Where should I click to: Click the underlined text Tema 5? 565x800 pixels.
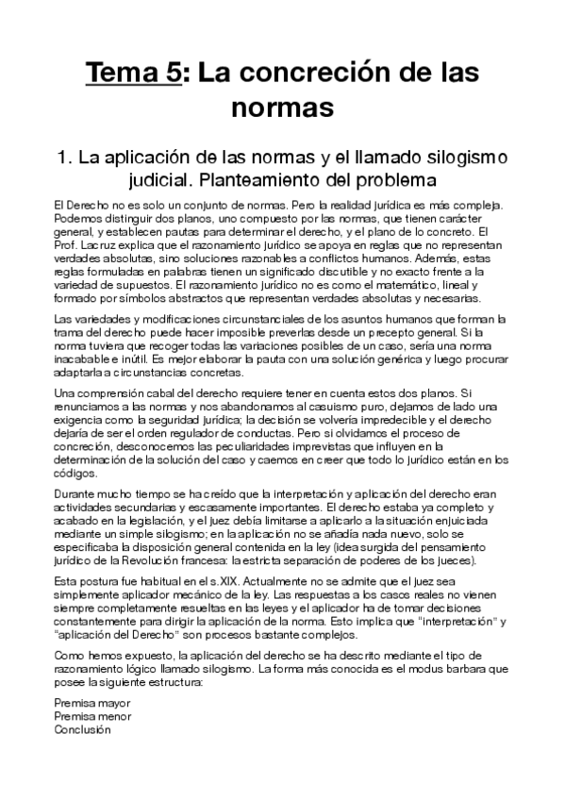point(132,72)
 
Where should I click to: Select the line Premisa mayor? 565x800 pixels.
point(92,703)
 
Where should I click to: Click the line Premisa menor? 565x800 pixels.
point(92,716)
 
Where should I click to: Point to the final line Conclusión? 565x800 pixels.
point(82,729)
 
